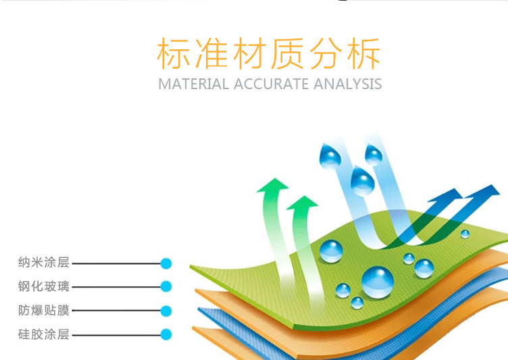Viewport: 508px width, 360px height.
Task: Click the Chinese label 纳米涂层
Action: (x=44, y=262)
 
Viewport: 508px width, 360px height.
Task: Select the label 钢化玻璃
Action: (x=44, y=286)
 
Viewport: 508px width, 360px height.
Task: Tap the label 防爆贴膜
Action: (x=44, y=310)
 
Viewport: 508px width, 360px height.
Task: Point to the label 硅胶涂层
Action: (x=44, y=334)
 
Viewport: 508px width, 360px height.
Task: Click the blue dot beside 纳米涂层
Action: (x=166, y=263)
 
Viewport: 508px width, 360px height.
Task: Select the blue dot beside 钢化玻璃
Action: (x=166, y=286)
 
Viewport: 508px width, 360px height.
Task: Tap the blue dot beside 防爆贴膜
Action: (x=166, y=311)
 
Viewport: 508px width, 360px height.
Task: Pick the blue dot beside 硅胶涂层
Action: (x=166, y=334)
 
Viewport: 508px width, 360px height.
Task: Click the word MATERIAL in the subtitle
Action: (x=193, y=84)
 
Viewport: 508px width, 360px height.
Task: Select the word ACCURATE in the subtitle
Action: (x=271, y=84)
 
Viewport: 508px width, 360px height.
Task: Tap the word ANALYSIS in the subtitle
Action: (x=348, y=84)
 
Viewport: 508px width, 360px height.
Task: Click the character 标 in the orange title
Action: (x=174, y=53)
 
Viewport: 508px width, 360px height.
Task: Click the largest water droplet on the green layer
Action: (x=378, y=282)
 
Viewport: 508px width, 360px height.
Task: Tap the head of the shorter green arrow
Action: (x=302, y=203)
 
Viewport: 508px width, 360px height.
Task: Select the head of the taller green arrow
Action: (x=273, y=185)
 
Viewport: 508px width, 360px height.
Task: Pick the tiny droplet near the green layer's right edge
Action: (x=465, y=234)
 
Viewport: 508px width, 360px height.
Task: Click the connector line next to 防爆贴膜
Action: (x=116, y=311)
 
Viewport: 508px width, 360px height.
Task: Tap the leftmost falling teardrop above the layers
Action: (x=330, y=156)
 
